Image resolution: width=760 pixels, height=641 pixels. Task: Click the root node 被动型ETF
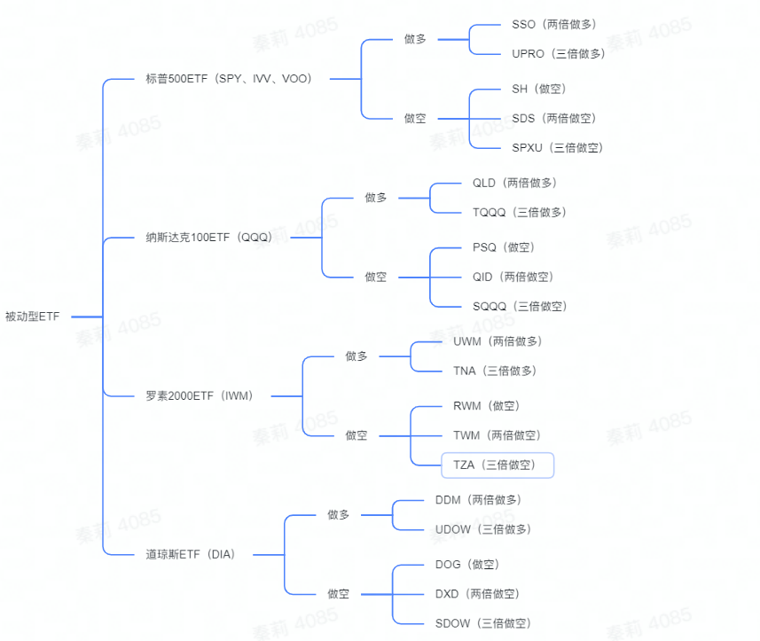[33, 317]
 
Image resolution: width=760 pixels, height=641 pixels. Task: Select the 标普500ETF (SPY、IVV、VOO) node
[229, 79]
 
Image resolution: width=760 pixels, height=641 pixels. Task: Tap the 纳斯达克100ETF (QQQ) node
[209, 238]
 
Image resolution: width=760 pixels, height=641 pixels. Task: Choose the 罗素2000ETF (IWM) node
[200, 396]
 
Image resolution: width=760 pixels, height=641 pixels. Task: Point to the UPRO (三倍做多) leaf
[559, 54]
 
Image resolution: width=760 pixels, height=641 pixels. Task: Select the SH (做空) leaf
[538, 89]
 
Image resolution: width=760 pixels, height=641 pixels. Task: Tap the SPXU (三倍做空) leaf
[557, 148]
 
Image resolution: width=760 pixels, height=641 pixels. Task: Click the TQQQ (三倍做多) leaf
[519, 213]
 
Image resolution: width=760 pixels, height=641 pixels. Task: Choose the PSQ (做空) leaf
[504, 247]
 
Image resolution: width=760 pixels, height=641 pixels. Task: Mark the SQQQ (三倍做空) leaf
[519, 307]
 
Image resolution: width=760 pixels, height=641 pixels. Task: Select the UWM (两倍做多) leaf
[497, 341]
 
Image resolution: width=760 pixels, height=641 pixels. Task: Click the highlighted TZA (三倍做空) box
[498, 465]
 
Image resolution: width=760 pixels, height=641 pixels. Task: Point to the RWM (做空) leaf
[486, 406]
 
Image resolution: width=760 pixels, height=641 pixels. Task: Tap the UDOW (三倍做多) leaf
[482, 530]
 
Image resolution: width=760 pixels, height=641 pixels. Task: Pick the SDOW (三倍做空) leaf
[482, 624]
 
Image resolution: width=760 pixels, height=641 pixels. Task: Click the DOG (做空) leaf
[466, 565]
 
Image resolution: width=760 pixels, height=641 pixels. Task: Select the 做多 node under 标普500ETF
[415, 39]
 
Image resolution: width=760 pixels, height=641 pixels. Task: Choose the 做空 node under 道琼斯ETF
[338, 594]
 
